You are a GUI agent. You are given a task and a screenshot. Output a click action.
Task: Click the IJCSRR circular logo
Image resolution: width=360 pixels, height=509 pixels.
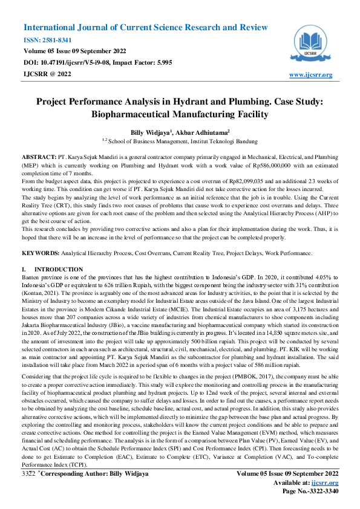[x=311, y=43]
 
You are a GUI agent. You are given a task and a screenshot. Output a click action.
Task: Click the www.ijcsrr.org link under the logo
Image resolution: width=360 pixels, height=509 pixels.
[x=311, y=75]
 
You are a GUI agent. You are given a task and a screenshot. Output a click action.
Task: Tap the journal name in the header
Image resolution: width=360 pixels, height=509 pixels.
[x=145, y=28]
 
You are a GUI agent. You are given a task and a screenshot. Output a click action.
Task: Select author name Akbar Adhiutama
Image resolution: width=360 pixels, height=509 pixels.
[x=205, y=131]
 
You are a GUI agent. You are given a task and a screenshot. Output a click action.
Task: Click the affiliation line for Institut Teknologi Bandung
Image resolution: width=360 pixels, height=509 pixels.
[x=180, y=140]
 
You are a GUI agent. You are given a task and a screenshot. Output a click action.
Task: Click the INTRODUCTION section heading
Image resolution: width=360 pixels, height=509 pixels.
[x=59, y=269]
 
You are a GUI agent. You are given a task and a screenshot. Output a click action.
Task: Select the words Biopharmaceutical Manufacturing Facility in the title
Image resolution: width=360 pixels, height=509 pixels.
[x=180, y=113]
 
